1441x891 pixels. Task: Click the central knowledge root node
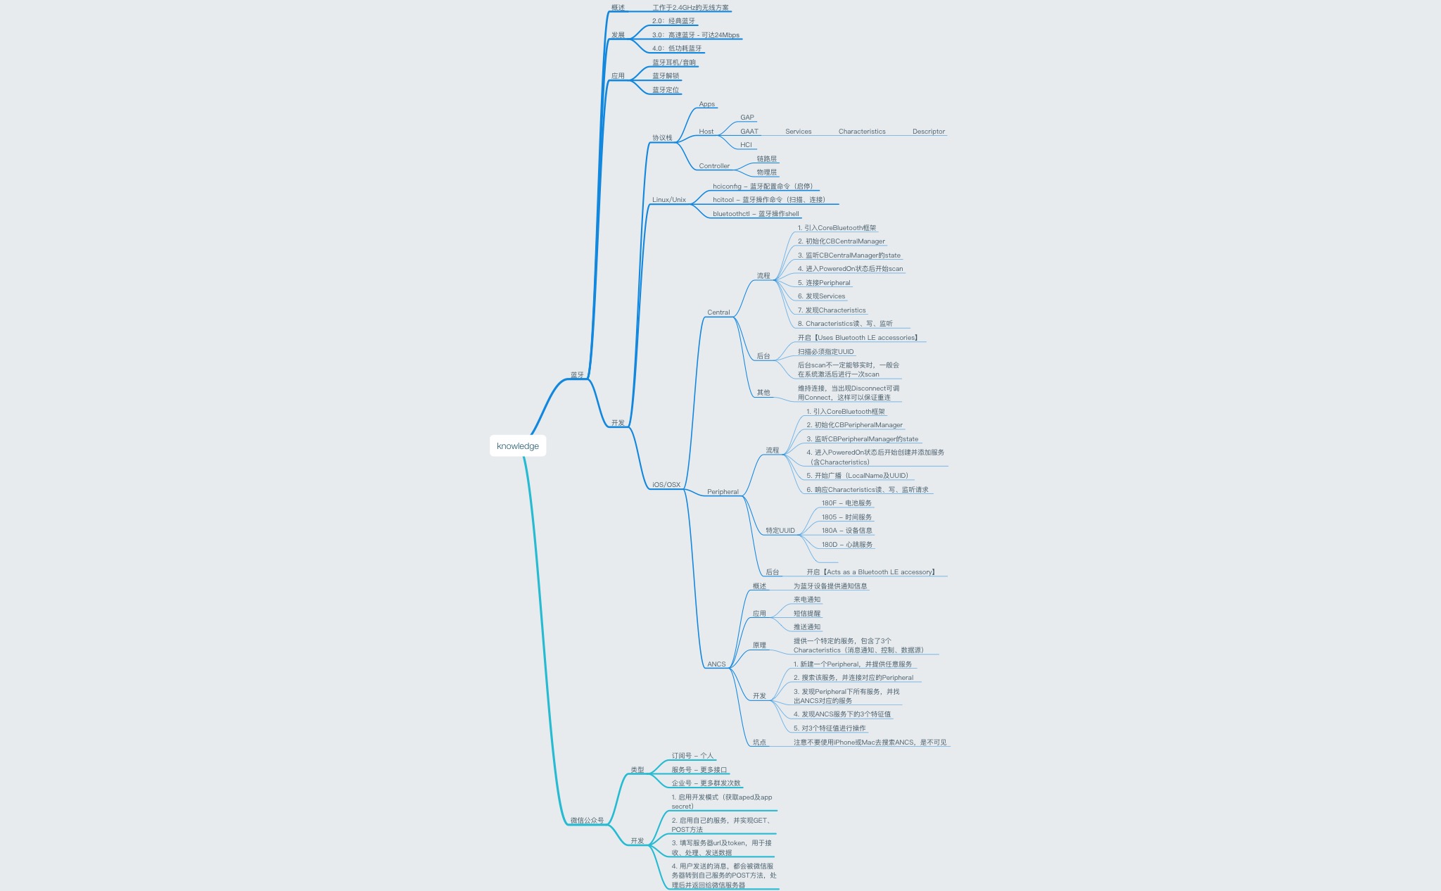click(518, 446)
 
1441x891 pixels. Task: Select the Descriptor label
click(928, 132)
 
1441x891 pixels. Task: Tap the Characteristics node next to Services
click(861, 132)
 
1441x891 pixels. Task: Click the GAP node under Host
click(747, 118)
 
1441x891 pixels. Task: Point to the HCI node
click(746, 145)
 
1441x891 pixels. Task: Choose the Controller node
click(714, 166)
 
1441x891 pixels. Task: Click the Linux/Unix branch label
click(668, 200)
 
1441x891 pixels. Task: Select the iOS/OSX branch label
click(666, 485)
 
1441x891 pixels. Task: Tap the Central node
click(718, 312)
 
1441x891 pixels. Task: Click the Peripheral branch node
click(723, 492)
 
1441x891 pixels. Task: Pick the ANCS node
click(716, 664)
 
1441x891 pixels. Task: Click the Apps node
click(706, 104)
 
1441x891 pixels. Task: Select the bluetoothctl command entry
click(756, 214)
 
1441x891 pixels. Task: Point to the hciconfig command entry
click(762, 187)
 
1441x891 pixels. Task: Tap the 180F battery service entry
click(846, 503)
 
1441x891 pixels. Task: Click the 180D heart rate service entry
click(846, 545)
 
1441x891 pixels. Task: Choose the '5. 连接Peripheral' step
click(824, 283)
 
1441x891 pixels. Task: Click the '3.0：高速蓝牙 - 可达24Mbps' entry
click(695, 35)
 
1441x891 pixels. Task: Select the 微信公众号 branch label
click(587, 821)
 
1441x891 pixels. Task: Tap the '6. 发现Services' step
click(821, 296)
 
